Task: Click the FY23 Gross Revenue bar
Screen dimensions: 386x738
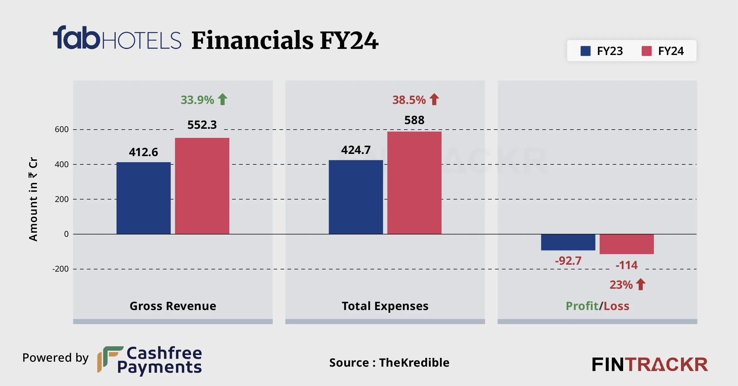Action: pos(143,198)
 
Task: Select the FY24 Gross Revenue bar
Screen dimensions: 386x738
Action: pos(202,186)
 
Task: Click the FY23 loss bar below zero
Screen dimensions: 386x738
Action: pos(568,242)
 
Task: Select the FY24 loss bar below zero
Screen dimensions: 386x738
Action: pos(626,244)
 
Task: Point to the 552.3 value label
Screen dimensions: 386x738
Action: pos(202,125)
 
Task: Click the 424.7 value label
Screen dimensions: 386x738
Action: pos(356,150)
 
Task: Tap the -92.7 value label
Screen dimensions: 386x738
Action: pos(568,261)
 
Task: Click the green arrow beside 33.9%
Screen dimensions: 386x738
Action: pos(222,99)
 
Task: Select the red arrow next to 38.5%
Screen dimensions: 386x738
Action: pos(434,99)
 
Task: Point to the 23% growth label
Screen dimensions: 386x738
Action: pos(621,285)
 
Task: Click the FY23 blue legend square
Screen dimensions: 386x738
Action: pos(585,51)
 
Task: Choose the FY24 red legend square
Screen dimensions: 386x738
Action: pos(647,51)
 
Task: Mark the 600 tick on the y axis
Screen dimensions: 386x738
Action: pos(62,129)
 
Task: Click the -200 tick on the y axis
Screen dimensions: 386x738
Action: pos(60,269)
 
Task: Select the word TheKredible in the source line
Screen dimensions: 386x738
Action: pos(414,363)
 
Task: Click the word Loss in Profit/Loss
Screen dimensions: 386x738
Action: pos(617,306)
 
